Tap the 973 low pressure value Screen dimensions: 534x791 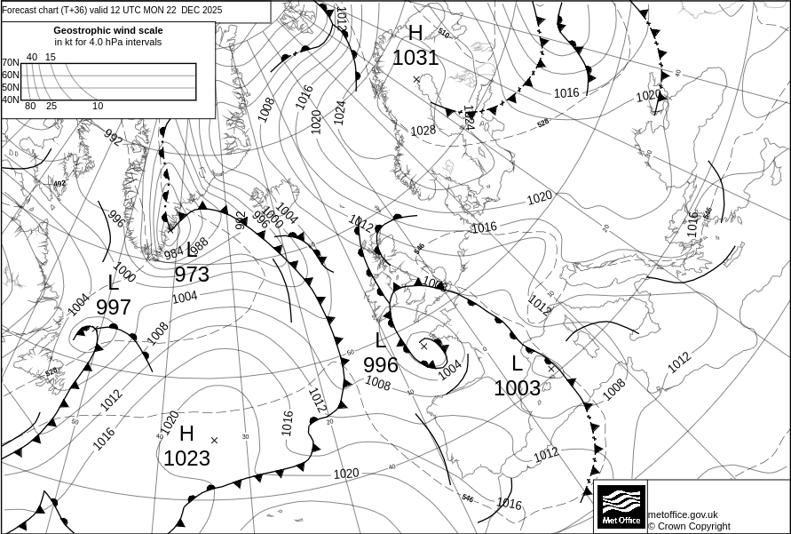tap(192, 275)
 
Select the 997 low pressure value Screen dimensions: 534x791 tap(114, 307)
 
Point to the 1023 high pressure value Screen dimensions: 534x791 tap(186, 458)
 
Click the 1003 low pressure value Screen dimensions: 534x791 tap(517, 388)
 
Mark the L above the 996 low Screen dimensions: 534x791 tap(381, 340)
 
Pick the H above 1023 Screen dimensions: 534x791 tap(186, 434)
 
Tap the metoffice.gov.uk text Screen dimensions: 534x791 tap(683, 514)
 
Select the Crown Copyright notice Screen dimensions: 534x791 tap(689, 526)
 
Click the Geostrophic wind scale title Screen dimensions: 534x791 tap(108, 30)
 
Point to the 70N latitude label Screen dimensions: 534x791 tap(10, 63)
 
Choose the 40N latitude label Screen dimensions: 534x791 tap(10, 100)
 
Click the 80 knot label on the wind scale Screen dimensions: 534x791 tap(30, 107)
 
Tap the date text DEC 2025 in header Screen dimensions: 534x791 tap(202, 11)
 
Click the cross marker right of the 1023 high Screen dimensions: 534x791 tap(214, 440)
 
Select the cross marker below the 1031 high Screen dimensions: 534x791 tap(416, 80)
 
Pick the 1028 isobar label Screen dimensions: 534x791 tap(423, 131)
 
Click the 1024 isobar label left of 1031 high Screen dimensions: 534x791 tap(339, 111)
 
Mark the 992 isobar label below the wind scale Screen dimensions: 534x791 tap(113, 137)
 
